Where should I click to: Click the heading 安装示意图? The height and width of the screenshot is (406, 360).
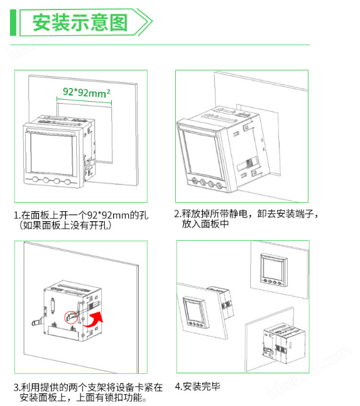(80, 23)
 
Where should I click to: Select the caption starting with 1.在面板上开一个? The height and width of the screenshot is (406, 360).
(81, 215)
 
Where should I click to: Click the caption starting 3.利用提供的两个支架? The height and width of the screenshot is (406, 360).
(88, 387)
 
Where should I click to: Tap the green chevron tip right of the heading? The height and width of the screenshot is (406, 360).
(148, 23)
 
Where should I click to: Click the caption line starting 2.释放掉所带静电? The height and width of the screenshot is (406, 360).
(246, 214)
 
